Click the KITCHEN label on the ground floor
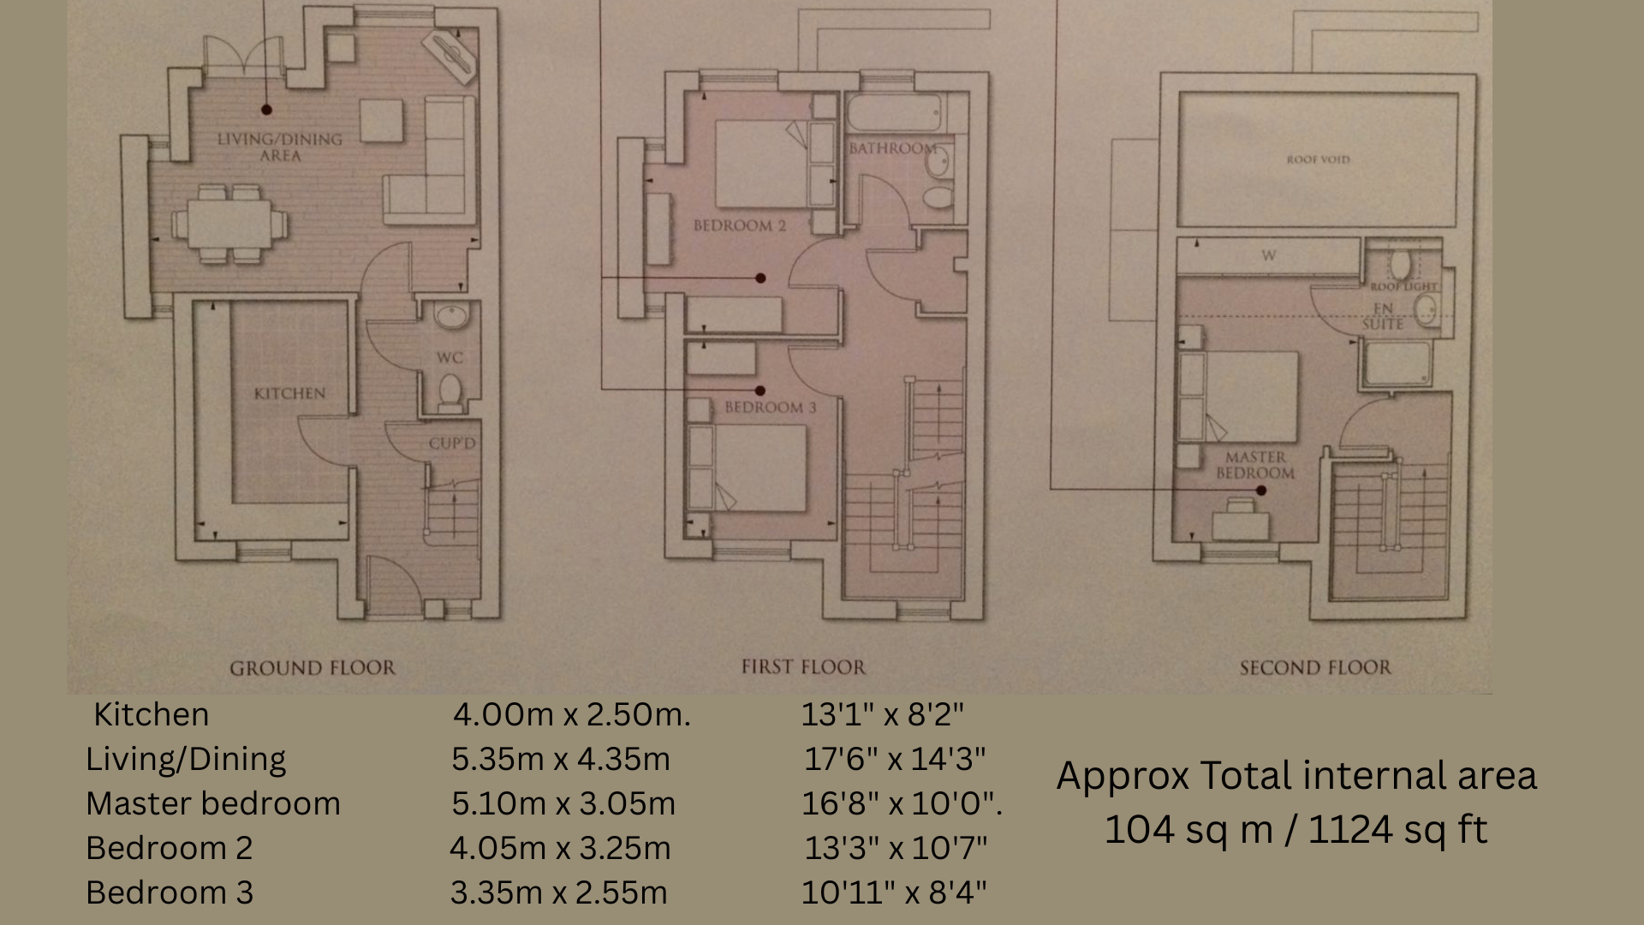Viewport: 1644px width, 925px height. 289,394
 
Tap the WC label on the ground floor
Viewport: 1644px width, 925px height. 450,358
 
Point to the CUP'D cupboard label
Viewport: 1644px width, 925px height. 452,444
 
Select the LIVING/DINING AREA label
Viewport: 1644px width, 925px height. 279,147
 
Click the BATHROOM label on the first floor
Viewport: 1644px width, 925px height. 891,148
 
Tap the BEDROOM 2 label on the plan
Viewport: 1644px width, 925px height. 739,226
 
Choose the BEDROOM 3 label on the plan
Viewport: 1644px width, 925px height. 770,408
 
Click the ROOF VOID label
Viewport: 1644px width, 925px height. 1318,159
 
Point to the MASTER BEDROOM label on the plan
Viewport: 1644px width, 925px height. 1255,465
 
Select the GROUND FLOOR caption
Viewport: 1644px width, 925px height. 313,668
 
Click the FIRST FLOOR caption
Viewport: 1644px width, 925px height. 803,667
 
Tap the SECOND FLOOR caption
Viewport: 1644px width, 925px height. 1315,667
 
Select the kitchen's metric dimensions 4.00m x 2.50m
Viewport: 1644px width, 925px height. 571,714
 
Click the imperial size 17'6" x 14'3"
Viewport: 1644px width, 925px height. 894,759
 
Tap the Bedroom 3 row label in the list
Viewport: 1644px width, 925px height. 170,892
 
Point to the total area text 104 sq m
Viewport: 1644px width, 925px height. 1188,829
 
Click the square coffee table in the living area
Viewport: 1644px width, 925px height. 382,121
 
